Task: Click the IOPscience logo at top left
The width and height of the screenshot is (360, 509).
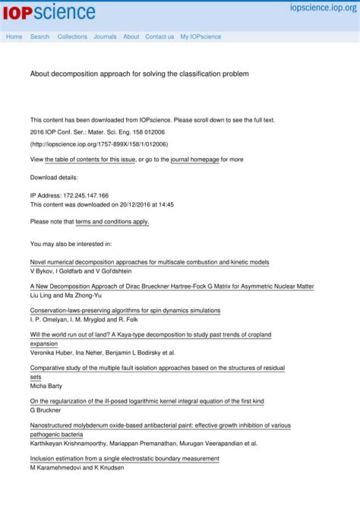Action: pyautogui.click(x=52, y=12)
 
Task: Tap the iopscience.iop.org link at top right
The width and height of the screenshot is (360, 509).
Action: pyautogui.click(x=321, y=8)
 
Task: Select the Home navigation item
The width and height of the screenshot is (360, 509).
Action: pyautogui.click(x=14, y=36)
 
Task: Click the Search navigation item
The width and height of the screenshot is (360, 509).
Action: pyautogui.click(x=39, y=36)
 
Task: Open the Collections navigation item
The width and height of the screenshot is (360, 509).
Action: pyautogui.click(x=72, y=36)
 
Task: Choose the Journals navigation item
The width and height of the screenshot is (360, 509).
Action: pyautogui.click(x=105, y=36)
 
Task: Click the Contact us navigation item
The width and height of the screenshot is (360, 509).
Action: pyautogui.click(x=159, y=36)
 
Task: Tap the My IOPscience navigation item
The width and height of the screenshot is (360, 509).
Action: pyautogui.click(x=201, y=36)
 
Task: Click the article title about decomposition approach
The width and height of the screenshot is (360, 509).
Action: pyautogui.click(x=139, y=74)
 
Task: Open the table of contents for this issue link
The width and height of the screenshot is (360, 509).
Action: pyautogui.click(x=90, y=160)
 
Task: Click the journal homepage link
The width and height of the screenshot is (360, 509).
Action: pyautogui.click(x=194, y=160)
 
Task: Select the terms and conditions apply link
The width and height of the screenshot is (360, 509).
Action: pyautogui.click(x=112, y=222)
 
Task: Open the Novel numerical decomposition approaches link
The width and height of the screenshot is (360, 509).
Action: pyautogui.click(x=149, y=262)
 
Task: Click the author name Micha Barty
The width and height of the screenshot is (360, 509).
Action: pyautogui.click(x=47, y=386)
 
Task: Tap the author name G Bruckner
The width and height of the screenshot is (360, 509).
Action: pyautogui.click(x=46, y=410)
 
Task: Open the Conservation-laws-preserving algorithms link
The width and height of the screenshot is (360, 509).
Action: pyautogui.click(x=125, y=311)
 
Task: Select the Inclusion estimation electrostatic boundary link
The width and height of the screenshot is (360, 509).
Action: pyautogui.click(x=124, y=459)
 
